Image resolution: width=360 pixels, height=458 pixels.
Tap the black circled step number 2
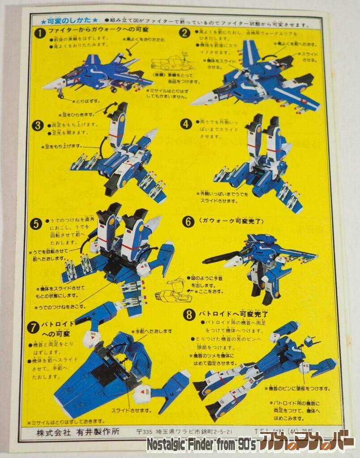pyautogui.click(x=185, y=33)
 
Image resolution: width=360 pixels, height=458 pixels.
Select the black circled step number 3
pyautogui.click(x=38, y=126)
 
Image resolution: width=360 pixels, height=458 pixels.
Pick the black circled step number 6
pyautogui.click(x=187, y=221)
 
